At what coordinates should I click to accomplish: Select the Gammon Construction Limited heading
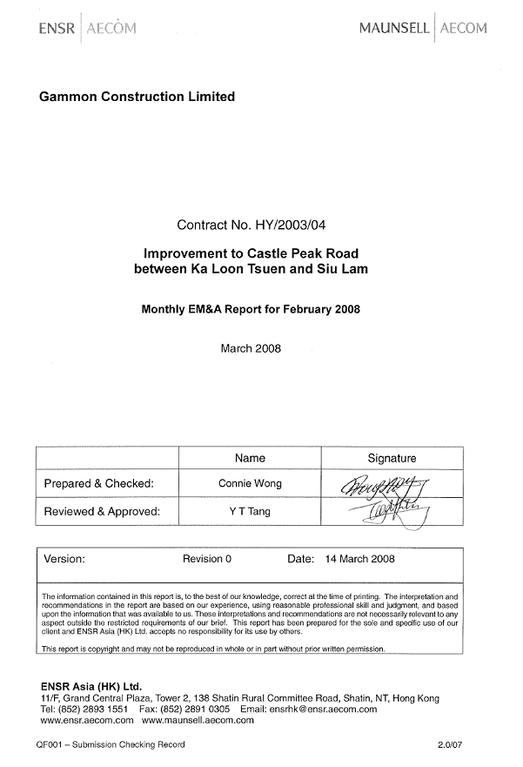137,97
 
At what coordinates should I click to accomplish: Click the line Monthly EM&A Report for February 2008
251,308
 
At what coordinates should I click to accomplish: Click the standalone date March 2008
251,349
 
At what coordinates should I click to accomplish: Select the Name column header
250,458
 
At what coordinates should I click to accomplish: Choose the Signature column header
392,458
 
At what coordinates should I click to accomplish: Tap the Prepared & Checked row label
98,483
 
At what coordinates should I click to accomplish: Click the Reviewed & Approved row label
102,512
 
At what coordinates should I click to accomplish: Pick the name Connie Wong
250,483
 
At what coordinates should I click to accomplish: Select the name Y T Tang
250,512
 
